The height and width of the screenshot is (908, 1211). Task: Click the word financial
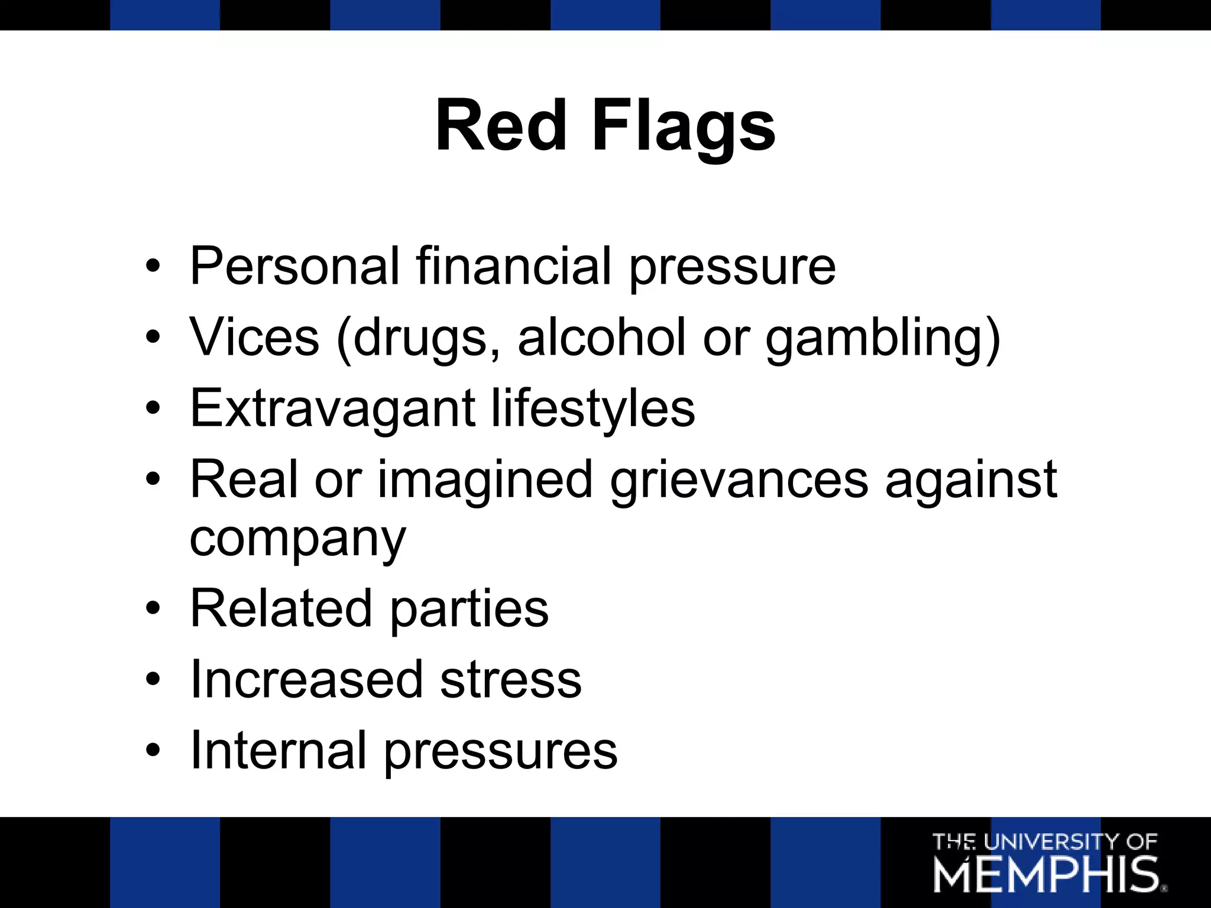tap(513, 266)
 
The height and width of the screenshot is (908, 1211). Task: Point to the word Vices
tap(254, 337)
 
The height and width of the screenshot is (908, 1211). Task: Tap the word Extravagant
tap(332, 409)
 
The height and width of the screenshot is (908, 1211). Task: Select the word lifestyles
tap(593, 409)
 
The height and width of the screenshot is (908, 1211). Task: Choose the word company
tap(297, 539)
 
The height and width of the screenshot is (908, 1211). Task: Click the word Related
tap(281, 609)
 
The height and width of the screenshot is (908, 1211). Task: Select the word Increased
tap(306, 680)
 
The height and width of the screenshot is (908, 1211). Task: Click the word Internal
tap(278, 751)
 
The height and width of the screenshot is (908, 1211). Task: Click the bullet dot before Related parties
tap(153, 609)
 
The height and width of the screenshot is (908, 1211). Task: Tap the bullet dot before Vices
tap(153, 337)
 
